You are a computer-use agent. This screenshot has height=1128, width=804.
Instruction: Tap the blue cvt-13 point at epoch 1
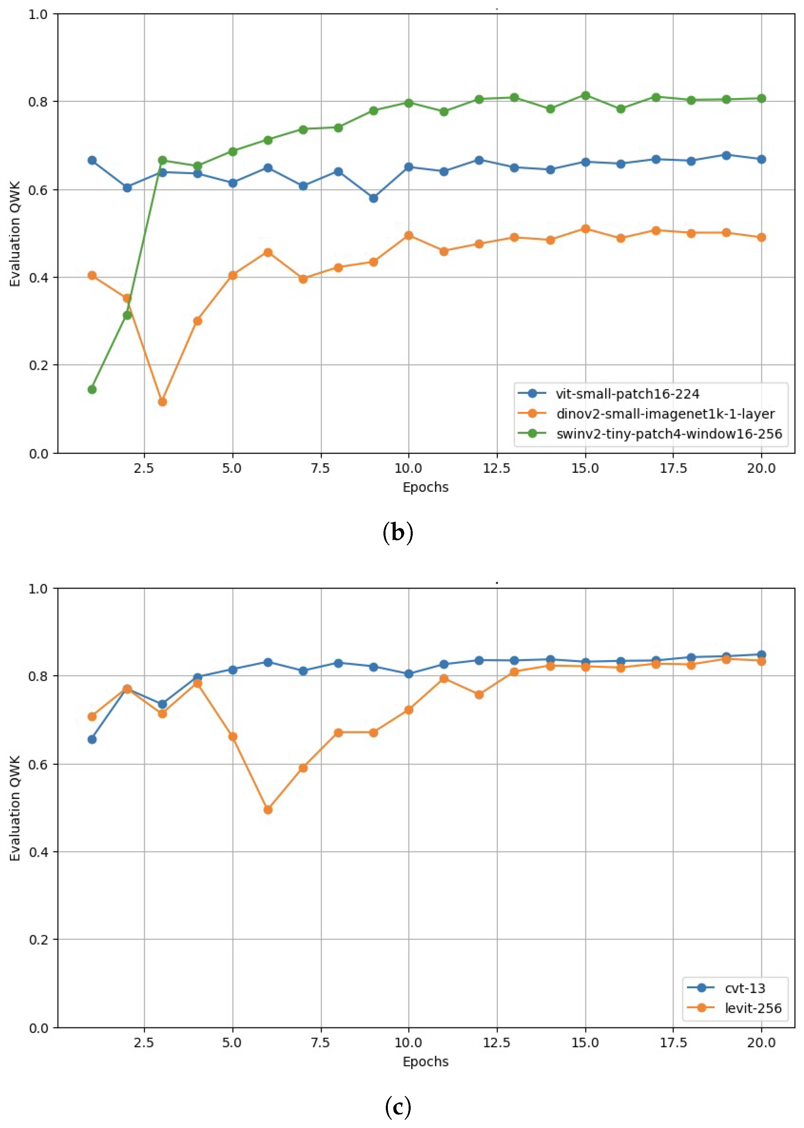(92, 739)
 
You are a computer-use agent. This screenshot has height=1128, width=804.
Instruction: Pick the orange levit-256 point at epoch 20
(761, 661)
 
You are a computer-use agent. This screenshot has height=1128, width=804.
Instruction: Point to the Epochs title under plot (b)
(425, 487)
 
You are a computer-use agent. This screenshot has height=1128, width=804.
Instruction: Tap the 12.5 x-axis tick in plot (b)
(496, 468)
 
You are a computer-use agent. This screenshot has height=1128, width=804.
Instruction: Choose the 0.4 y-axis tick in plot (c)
(38, 852)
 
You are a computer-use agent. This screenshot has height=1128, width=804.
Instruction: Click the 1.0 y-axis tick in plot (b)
(38, 14)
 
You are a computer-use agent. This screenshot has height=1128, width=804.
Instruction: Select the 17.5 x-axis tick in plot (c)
(673, 1043)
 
